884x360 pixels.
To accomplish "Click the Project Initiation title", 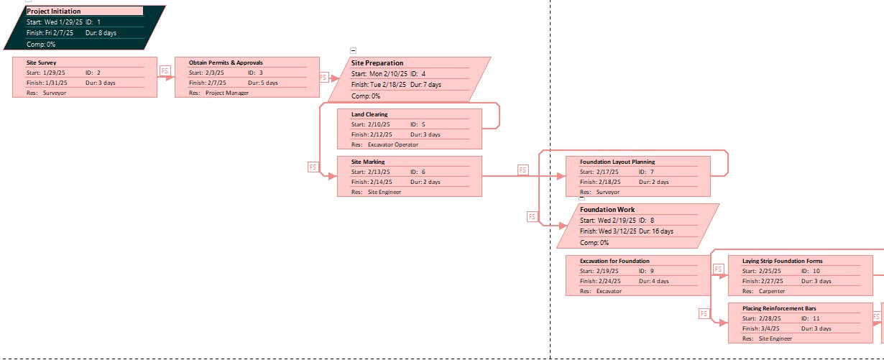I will coord(54,11).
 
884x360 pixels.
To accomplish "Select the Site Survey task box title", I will coord(41,63).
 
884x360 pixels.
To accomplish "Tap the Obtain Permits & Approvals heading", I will coord(226,63).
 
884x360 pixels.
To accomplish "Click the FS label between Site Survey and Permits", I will coord(165,71).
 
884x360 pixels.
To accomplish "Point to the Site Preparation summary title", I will coord(377,63).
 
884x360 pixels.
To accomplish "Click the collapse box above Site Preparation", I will coord(353,50).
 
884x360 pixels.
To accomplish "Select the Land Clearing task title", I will coord(369,114).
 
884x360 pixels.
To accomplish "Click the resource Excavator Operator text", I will coord(392,144).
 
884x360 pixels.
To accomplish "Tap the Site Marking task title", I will coord(368,162).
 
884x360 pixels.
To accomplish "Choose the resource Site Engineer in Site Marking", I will coord(385,192).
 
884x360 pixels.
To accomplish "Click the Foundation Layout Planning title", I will coord(617,162).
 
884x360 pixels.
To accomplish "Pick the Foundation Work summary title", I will coord(607,210).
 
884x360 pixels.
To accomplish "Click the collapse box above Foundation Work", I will coord(581,198).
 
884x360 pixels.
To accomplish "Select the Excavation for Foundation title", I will coord(614,261).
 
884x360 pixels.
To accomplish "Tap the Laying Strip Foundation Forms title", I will coord(782,261).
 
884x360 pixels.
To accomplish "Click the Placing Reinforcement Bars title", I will coord(779,308).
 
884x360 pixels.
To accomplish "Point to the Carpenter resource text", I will coord(772,291).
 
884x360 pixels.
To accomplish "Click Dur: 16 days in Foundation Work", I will coord(656,231).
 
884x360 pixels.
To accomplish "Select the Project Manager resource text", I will coord(227,93).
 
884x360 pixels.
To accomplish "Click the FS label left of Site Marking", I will coord(313,167).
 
